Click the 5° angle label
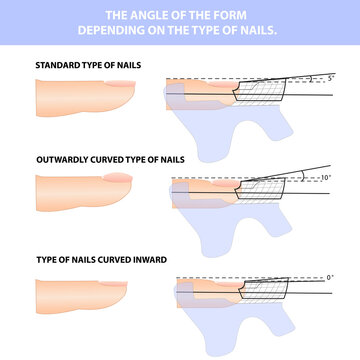tap(318, 77)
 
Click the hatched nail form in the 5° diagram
tap(262, 90)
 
